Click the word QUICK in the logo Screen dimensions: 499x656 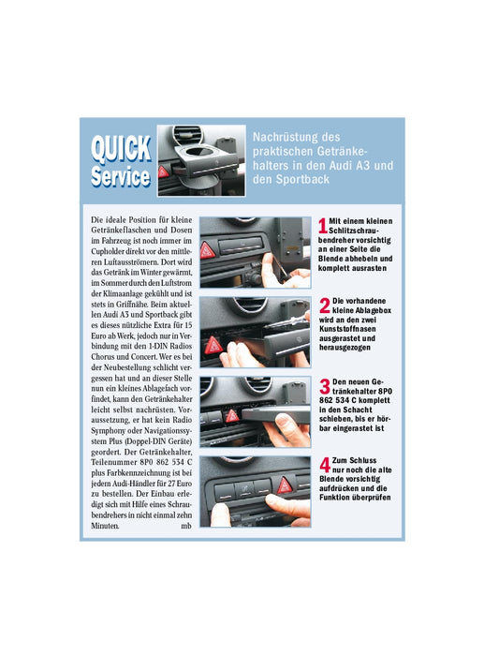(121, 149)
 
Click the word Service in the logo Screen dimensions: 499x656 (121, 176)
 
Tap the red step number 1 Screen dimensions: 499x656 (323, 226)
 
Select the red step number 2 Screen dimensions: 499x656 (325, 306)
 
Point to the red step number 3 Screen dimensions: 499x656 (325, 386)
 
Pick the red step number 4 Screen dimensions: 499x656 (325, 465)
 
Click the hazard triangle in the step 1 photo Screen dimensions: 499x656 (208, 250)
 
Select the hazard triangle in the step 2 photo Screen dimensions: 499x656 (213, 346)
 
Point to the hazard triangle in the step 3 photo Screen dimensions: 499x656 (232, 416)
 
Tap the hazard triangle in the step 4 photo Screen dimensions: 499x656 (285, 485)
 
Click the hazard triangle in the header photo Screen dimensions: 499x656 (164, 171)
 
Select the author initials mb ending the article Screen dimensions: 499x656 (186, 526)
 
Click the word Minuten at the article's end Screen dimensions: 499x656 (105, 526)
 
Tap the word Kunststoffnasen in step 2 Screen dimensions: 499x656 (347, 329)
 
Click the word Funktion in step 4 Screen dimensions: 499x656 (335, 498)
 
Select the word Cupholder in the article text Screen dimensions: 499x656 (108, 251)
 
